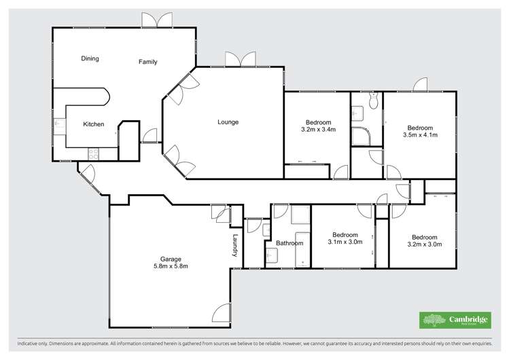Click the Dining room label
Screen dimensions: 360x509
(90, 58)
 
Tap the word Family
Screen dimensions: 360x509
(148, 62)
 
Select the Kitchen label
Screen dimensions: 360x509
(93, 124)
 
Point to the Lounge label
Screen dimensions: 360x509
(228, 122)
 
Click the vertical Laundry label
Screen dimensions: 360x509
(236, 246)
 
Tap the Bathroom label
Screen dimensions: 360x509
(289, 242)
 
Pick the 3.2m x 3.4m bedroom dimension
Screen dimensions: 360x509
(318, 129)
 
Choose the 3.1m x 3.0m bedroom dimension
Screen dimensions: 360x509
(345, 242)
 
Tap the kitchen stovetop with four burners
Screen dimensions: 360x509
(92, 154)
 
